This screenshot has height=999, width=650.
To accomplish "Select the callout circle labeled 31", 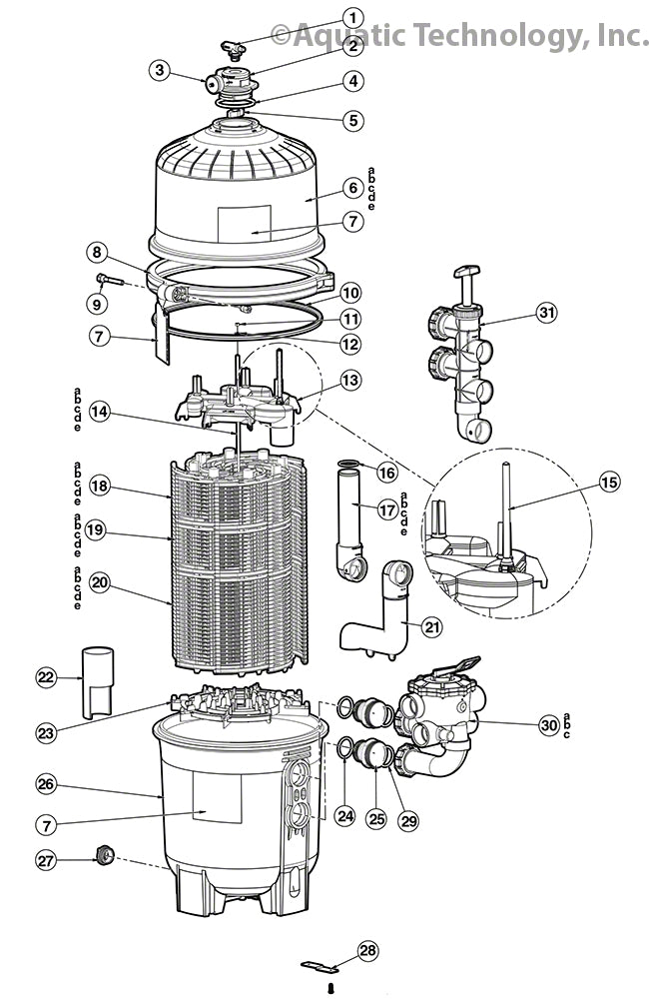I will coord(545,313).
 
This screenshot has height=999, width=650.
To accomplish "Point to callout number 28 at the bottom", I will coord(367,950).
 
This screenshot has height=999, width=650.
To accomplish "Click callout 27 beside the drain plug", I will coord(47,859).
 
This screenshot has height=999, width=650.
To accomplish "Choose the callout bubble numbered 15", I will coord(609,483).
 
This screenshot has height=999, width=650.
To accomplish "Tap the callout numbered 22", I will coord(47,677).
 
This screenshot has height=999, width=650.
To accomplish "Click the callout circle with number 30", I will coord(547,725).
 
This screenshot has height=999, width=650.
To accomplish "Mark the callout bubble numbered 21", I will coord(431,626).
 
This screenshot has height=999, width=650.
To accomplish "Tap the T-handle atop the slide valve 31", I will coord(466,272).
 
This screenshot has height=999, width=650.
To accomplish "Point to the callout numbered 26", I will coord(47,784).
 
